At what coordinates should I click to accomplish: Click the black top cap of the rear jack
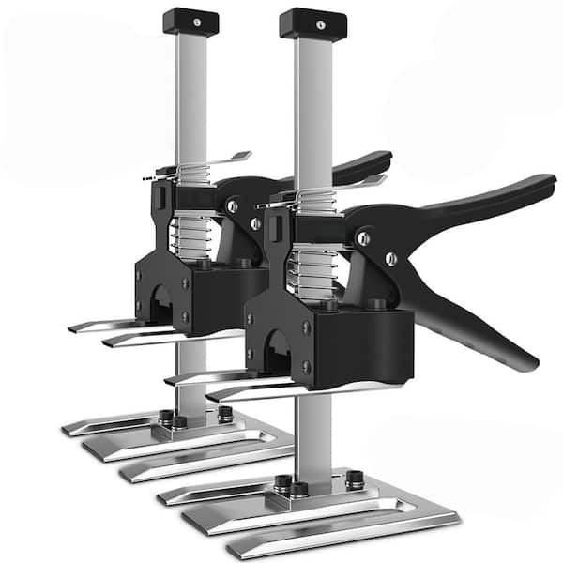click(x=190, y=21)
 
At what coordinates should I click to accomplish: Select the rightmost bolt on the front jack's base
click(x=354, y=479)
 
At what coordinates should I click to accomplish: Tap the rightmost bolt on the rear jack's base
click(x=225, y=412)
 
